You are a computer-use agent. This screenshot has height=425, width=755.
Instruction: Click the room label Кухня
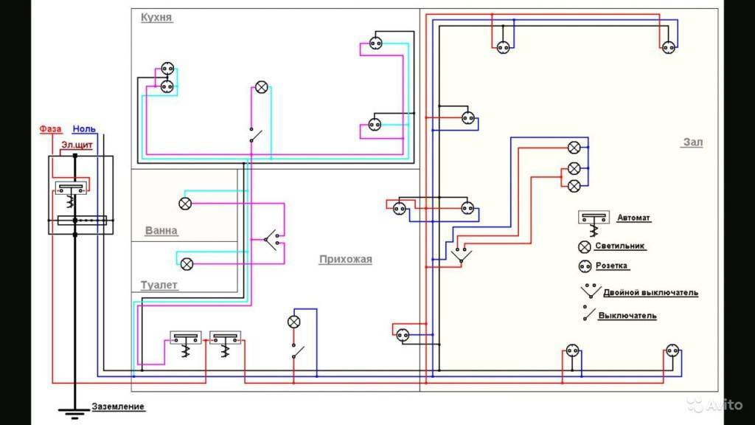[x=157, y=17]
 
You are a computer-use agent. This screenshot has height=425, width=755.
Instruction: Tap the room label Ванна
[x=161, y=230]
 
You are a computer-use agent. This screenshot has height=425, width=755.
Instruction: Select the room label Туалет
[x=159, y=285]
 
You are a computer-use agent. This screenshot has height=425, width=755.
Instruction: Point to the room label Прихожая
[x=345, y=259]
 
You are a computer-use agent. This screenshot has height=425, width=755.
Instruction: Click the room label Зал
[x=692, y=142]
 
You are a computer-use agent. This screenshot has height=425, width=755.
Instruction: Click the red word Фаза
[x=51, y=128]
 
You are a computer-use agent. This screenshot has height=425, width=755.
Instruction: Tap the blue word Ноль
[x=84, y=128]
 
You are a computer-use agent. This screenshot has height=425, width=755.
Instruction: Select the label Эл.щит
[x=77, y=145]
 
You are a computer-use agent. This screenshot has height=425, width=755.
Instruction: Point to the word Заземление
[x=118, y=407]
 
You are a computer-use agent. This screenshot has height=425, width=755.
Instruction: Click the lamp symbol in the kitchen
[x=261, y=87]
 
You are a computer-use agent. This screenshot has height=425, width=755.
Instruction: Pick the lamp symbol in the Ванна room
[x=186, y=203]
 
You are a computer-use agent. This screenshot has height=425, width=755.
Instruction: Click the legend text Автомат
[x=634, y=218]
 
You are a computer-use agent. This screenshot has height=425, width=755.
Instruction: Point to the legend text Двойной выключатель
[x=650, y=293]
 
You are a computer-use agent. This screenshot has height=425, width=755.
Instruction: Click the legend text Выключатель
[x=627, y=316]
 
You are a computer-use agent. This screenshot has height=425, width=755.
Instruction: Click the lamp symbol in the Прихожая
[x=293, y=321]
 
